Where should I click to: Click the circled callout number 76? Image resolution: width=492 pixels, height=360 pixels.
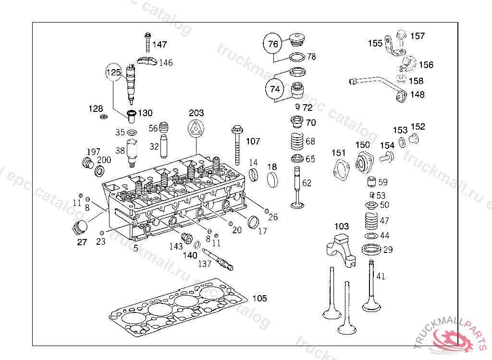[273, 44]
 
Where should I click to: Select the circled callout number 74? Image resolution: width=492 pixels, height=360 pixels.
[275, 89]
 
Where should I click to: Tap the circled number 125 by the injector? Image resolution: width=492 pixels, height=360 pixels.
[113, 72]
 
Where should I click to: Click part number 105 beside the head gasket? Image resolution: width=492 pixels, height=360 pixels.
[260, 298]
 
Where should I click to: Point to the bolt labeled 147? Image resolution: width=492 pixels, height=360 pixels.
[148, 42]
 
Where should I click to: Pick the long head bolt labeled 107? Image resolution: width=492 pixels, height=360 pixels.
[237, 145]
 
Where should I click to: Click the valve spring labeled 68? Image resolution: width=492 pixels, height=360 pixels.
[297, 141]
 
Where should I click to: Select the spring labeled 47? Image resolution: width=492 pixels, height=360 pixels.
[371, 221]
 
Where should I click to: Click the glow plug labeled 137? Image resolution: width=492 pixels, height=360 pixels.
[218, 259]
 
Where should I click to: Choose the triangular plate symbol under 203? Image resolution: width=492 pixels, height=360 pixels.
[196, 129]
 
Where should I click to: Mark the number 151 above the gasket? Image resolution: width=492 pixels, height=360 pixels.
[338, 153]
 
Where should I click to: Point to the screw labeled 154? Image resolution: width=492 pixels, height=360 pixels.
[387, 156]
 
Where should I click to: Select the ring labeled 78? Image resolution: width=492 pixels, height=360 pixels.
[297, 57]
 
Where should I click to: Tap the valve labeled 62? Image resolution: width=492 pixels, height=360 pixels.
[297, 188]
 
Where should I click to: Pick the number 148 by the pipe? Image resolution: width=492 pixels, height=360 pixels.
[418, 95]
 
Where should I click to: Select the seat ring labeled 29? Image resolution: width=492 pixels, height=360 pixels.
[371, 250]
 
